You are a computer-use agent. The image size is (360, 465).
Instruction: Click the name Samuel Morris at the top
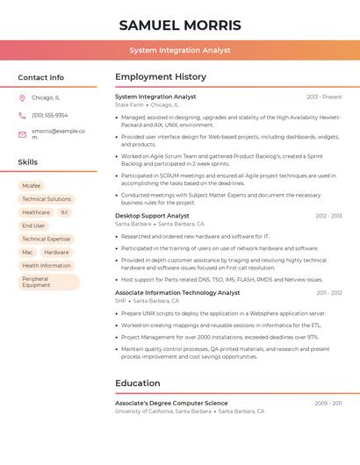[180, 25]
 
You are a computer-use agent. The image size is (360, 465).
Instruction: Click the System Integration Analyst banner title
[180, 50]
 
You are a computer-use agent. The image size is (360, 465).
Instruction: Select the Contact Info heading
[40, 77]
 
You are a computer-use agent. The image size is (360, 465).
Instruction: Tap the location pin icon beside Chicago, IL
[22, 98]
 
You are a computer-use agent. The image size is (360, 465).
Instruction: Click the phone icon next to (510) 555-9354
[22, 115]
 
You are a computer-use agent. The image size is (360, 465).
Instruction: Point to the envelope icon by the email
[22, 134]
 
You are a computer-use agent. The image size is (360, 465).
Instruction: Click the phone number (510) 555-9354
[50, 115]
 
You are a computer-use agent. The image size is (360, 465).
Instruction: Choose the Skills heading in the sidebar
[28, 161]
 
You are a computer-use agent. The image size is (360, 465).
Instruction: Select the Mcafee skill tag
[31, 186]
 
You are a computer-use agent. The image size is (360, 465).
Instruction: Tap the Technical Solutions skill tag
[47, 199]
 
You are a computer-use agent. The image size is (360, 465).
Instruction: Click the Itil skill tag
[64, 212]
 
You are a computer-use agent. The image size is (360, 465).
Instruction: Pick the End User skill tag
[33, 225]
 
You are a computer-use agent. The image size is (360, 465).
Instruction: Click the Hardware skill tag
[56, 252]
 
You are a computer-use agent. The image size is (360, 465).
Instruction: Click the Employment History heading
[160, 77]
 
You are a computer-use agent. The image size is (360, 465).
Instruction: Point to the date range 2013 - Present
[324, 97]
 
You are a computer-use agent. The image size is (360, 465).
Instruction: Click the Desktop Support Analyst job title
[152, 215]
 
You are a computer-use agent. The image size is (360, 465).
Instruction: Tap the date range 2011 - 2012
[329, 292]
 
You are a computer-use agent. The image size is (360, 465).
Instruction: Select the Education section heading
[138, 383]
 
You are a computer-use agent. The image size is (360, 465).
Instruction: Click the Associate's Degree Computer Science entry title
[171, 403]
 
